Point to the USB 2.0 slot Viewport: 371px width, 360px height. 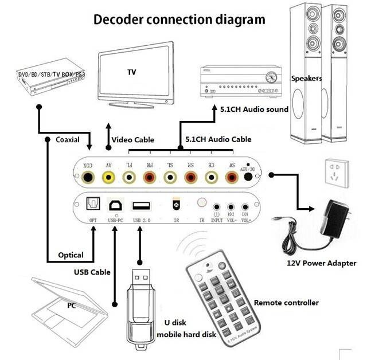click(140, 206)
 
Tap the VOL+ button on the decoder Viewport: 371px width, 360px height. click(245, 208)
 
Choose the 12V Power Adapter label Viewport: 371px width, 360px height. click(321, 263)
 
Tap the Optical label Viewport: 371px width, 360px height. click(71, 255)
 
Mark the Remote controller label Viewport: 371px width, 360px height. click(286, 302)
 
